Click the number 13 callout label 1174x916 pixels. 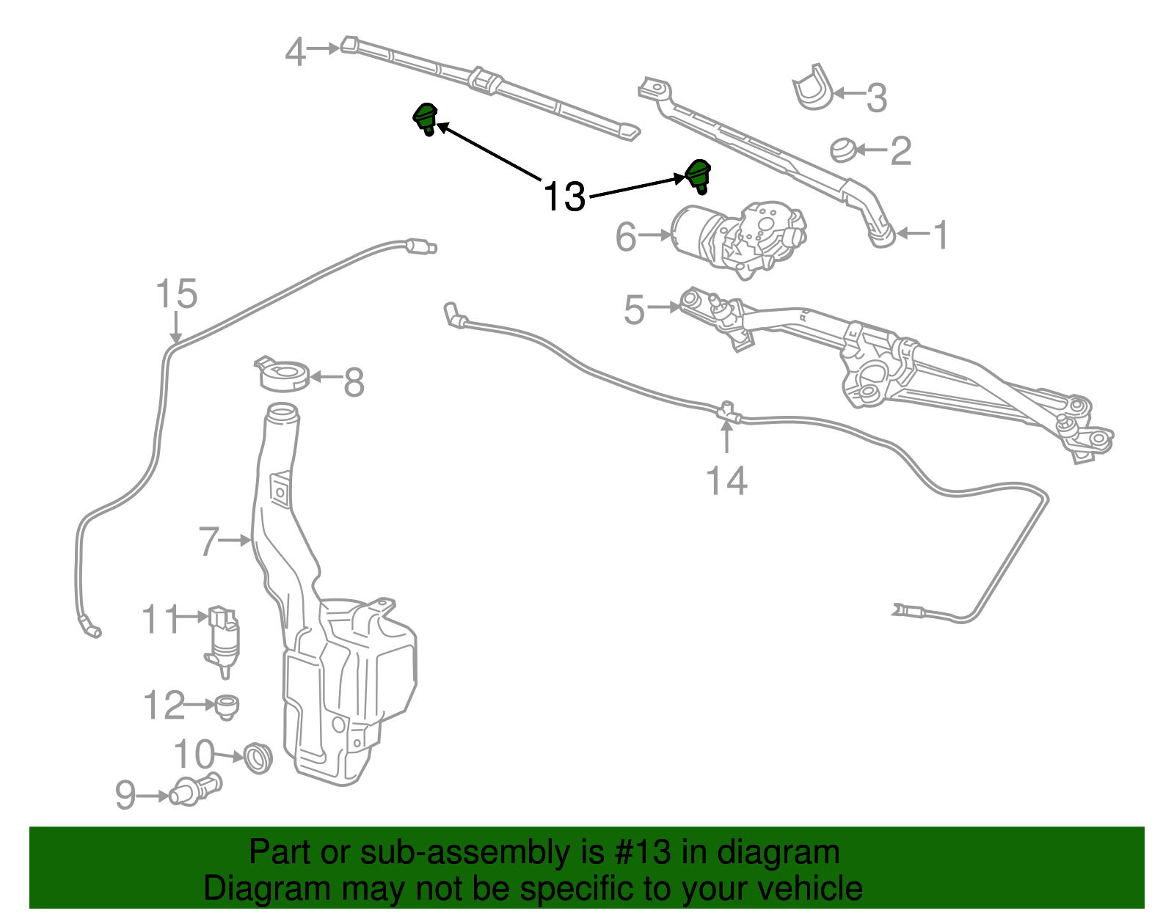point(564,197)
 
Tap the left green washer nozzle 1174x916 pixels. point(425,117)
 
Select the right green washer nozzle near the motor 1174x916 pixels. point(697,175)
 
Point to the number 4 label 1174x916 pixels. point(295,52)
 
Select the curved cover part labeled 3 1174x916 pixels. point(813,88)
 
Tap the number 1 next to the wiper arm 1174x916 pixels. point(940,235)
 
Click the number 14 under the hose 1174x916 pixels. point(726,481)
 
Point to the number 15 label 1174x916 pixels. point(177,294)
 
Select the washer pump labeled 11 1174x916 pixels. point(223,635)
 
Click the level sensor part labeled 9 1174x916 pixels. point(194,791)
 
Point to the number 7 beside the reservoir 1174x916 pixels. point(208,541)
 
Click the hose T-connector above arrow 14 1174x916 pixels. point(726,413)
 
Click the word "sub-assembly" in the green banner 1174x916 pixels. point(464,852)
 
